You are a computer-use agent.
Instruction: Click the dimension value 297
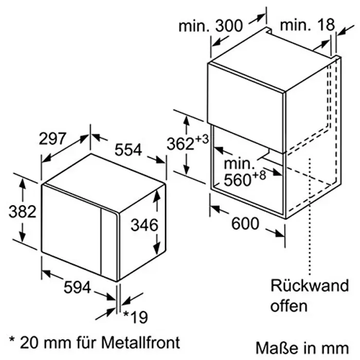pos(53,138)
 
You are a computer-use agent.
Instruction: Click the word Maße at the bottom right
pos(271,346)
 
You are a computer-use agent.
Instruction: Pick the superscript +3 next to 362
pos(203,139)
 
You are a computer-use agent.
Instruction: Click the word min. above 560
pos(239,165)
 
